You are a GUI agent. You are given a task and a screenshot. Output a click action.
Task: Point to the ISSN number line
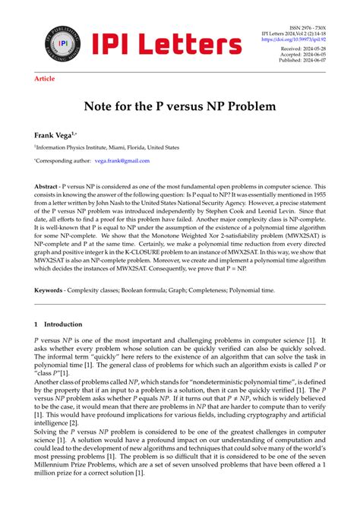[308, 27]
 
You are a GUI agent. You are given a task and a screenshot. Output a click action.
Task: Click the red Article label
[45, 78]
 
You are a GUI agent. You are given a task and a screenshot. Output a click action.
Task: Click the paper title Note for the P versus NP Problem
[180, 108]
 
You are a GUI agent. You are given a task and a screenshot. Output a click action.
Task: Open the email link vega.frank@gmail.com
[122, 161]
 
